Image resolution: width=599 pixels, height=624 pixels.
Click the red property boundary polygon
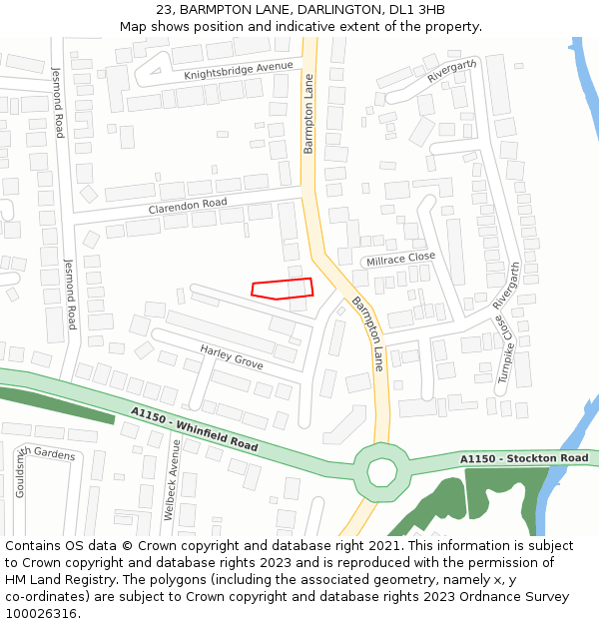pos(283,289)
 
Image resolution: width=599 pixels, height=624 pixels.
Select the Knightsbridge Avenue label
pos(239,71)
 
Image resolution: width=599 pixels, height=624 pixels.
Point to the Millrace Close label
pos(400,259)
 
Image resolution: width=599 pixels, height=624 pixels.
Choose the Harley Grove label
pos(232,356)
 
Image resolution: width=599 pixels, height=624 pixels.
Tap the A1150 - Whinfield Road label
pos(194,429)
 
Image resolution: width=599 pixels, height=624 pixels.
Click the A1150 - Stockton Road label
pos(524,458)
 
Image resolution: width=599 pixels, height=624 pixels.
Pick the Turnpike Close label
pos(504,350)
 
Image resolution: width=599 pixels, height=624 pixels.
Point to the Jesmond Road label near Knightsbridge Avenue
pos(58,102)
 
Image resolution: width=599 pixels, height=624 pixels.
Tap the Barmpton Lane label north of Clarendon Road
pos(308,113)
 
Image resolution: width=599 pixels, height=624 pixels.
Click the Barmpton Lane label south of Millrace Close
pos(366,333)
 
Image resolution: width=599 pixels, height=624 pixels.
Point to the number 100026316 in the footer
pos(40,613)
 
